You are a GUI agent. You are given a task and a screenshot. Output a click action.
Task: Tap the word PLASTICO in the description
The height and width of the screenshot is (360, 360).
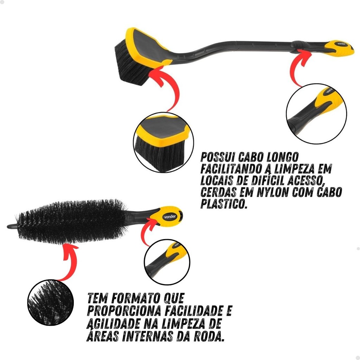[x=224, y=203]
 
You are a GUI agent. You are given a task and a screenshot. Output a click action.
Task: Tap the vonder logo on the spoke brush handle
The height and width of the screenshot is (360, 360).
[x=170, y=216]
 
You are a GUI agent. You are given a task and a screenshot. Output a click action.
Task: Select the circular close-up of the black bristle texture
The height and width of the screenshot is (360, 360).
[x=51, y=302]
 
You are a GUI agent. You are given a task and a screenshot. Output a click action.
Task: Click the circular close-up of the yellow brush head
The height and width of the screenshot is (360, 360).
[x=163, y=142]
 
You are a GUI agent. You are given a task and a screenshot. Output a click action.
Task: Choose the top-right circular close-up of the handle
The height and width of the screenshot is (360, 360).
[x=316, y=114]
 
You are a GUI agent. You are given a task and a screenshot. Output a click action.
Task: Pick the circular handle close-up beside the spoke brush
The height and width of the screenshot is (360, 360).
[x=167, y=262]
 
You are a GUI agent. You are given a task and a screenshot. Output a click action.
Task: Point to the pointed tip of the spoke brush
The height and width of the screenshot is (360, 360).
[x=8, y=227]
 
